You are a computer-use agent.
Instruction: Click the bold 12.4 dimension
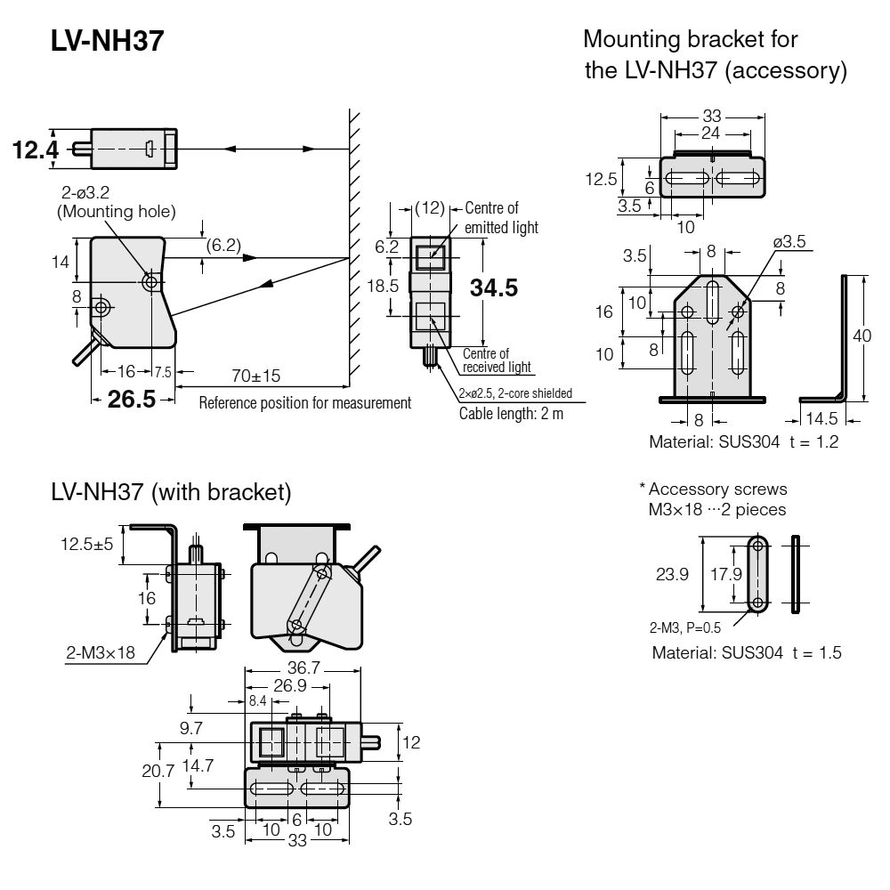[36, 150]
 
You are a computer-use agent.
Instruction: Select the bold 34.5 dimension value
[494, 288]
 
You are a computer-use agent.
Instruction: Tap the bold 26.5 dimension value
[131, 399]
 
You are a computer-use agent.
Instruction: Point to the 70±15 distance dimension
[255, 376]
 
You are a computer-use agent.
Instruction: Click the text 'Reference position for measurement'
[304, 403]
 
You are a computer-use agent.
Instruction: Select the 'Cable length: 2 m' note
[511, 413]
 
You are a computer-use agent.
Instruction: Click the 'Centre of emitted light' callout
[501, 218]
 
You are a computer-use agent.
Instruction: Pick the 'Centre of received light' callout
[496, 360]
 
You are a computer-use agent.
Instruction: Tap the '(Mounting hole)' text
[117, 212]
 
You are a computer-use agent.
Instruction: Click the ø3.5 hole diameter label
[789, 241]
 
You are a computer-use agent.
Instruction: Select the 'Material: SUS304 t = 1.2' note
[743, 441]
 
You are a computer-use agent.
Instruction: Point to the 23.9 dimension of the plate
[673, 575]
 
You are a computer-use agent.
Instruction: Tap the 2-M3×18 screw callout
[100, 652]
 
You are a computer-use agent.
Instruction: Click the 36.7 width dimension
[303, 667]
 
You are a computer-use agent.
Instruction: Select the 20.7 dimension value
[158, 772]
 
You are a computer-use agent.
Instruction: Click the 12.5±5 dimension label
[86, 545]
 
